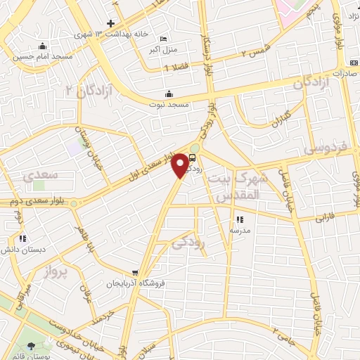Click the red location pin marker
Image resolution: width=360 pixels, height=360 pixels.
[x=181, y=165]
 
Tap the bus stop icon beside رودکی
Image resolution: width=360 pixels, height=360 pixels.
[x=193, y=159]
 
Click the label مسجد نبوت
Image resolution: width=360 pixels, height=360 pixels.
[x=168, y=104]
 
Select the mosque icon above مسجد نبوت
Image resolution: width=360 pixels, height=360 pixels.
[x=168, y=94]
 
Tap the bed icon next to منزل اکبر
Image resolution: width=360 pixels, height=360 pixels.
[x=164, y=39]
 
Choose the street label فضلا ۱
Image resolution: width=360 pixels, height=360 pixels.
[x=176, y=68]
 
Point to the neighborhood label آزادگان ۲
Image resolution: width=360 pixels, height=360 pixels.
[x=79, y=89]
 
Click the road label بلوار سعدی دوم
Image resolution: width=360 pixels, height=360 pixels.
[x=37, y=201]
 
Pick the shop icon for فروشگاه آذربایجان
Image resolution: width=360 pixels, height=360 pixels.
[x=136, y=273]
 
